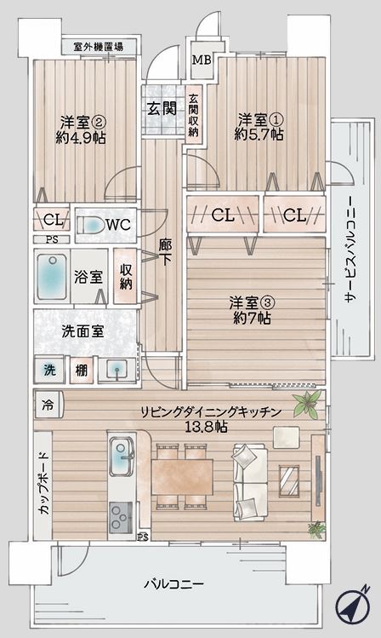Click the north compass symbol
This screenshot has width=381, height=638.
tap(353, 606)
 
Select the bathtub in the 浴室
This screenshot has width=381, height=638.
tap(52, 276)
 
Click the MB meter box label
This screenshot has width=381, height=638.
tap(202, 60)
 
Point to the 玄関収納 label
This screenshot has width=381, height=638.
tap(194, 115)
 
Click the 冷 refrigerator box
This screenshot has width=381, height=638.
tap(48, 405)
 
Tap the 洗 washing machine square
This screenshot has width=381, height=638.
tap(49, 370)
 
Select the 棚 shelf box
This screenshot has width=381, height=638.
tap(82, 370)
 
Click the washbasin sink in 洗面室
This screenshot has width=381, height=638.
tap(117, 371)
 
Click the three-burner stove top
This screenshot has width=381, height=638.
tap(121, 517)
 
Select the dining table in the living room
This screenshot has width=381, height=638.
tap(182, 476)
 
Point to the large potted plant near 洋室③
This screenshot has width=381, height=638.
tap(308, 404)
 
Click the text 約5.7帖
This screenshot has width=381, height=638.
tap(259, 135)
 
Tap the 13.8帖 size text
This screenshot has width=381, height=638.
tap(206, 427)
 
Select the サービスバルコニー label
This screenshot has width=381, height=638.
tap(350, 249)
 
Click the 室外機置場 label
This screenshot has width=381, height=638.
tap(99, 46)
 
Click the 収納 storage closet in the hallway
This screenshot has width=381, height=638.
tap(126, 276)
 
